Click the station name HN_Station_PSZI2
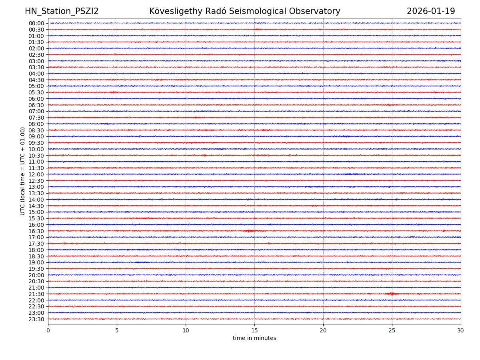(x=62, y=12)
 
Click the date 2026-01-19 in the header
(x=431, y=12)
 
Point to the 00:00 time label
(x=36, y=23)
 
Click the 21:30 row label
(x=36, y=294)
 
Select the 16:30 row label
(x=36, y=231)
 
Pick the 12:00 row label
(x=36, y=174)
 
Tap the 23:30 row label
(x=36, y=319)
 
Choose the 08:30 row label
(x=36, y=130)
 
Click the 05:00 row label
(x=36, y=86)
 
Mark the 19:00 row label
(x=36, y=262)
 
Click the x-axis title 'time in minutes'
(x=254, y=338)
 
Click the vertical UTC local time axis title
(x=23, y=171)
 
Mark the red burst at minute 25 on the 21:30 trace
(x=392, y=294)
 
